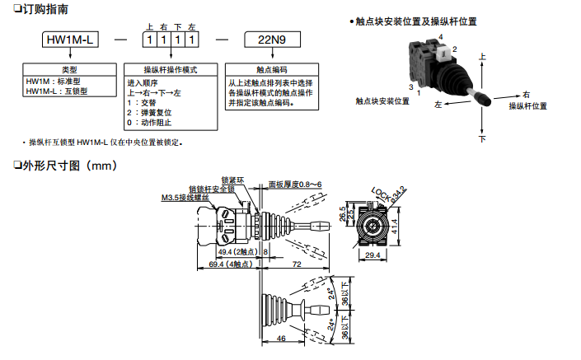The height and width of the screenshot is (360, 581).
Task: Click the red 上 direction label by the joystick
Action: (x=482, y=57)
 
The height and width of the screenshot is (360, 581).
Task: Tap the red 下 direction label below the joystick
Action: (x=483, y=139)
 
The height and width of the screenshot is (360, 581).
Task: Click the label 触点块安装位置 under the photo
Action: (x=382, y=101)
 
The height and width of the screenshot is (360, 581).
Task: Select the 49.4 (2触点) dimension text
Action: (x=237, y=251)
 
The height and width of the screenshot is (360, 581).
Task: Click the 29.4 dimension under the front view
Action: (x=372, y=256)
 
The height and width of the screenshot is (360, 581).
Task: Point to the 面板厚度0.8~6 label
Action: (x=295, y=185)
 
